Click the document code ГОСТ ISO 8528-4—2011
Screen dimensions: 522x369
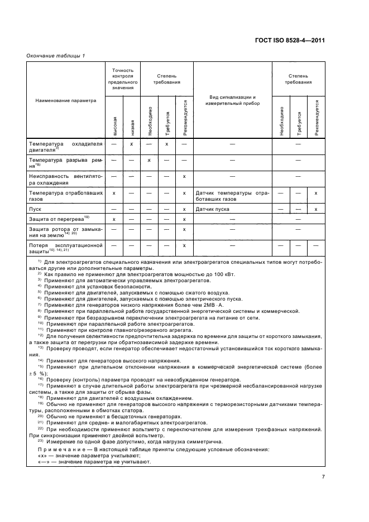(298, 40)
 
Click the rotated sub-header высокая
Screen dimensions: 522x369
(114, 126)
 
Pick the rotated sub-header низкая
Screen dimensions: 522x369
(132, 126)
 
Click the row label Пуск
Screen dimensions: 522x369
(35, 209)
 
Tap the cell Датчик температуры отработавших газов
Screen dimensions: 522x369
(232, 195)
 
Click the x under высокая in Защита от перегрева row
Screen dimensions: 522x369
(114, 219)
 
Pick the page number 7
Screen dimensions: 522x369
(323, 476)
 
